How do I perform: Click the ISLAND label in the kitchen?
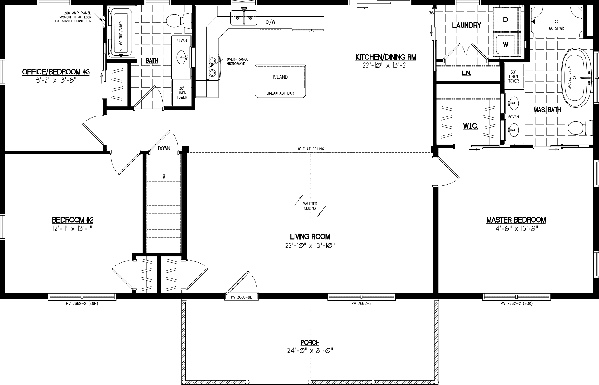(x=280, y=77)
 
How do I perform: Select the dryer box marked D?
(x=506, y=20)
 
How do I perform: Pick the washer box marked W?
(x=506, y=45)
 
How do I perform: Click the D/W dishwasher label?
(x=270, y=22)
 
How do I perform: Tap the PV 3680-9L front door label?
(x=241, y=297)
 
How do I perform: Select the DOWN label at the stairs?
(x=164, y=149)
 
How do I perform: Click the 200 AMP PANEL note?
(x=77, y=17)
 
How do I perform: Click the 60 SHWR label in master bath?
(x=556, y=28)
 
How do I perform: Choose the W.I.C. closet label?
(x=470, y=126)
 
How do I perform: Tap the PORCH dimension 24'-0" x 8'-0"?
(x=310, y=350)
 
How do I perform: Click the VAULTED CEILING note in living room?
(x=310, y=206)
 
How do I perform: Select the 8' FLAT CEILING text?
(x=311, y=149)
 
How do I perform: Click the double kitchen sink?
(x=244, y=17)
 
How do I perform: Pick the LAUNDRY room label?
(x=466, y=26)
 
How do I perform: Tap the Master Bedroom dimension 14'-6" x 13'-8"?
(x=516, y=229)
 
